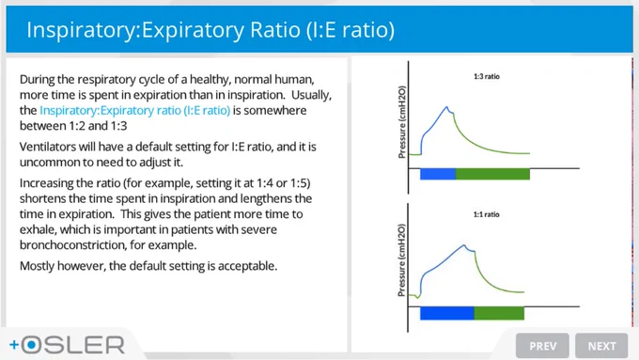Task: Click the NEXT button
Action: pyautogui.click(x=601, y=346)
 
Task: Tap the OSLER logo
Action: pyautogui.click(x=68, y=345)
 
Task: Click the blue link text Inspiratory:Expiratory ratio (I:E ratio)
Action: pyautogui.click(x=135, y=111)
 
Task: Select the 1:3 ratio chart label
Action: pyautogui.click(x=487, y=76)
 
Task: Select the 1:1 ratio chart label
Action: pyautogui.click(x=486, y=214)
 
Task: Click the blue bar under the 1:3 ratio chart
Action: pyautogui.click(x=438, y=174)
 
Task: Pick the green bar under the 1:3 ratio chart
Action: pyautogui.click(x=492, y=174)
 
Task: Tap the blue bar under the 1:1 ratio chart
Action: pyautogui.click(x=447, y=313)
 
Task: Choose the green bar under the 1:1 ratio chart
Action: pyautogui.click(x=499, y=313)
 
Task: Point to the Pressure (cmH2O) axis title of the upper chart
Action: pyautogui.click(x=402, y=121)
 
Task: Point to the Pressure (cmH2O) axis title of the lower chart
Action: pyautogui.click(x=402, y=259)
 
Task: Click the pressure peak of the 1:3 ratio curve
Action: pyautogui.click(x=446, y=107)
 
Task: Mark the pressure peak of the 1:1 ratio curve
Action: pyautogui.click(x=464, y=245)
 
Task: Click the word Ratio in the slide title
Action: pyautogui.click(x=275, y=30)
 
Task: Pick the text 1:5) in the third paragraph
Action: pyautogui.click(x=301, y=183)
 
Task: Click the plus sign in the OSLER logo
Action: pyautogui.click(x=14, y=345)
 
